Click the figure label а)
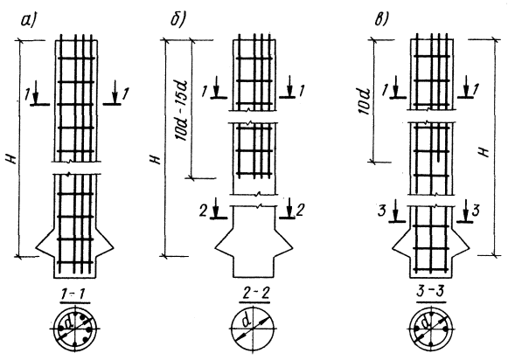[28, 20]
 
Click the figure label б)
[177, 20]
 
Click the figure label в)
[381, 20]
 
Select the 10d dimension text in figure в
[365, 101]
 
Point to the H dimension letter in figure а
[11, 159]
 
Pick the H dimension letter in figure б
[157, 160]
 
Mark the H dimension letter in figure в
[484, 151]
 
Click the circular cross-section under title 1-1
[75, 329]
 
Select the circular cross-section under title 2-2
[252, 329]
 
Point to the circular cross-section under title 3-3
[431, 329]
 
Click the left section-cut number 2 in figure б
[203, 211]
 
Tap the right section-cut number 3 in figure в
[476, 211]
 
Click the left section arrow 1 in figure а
[36, 93]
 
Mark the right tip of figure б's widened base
[293, 249]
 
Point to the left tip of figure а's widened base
[37, 249]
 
